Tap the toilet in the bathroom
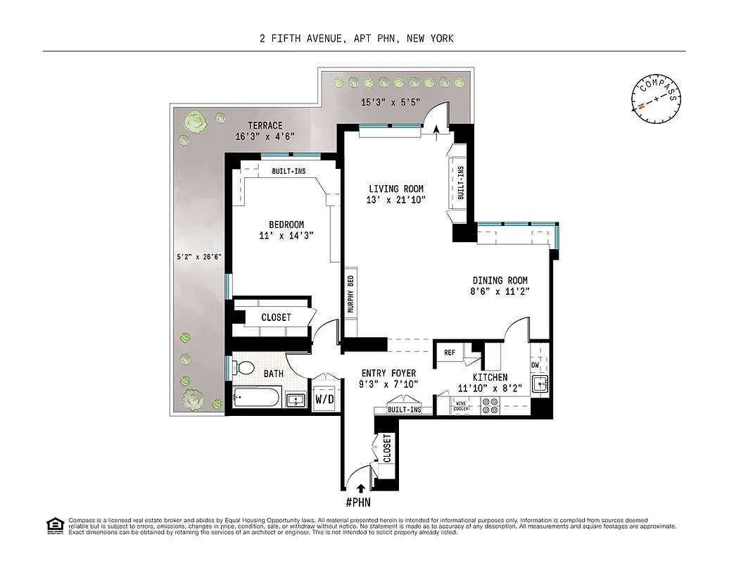pos(245,368)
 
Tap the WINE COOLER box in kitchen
pos(461,406)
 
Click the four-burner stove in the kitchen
pos(489,405)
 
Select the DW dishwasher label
pos(535,365)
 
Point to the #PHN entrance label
pos(358,502)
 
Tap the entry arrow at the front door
pos(360,487)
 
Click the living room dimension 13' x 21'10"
pos(395,201)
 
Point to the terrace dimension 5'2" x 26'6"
pos(198,256)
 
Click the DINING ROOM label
pos(500,279)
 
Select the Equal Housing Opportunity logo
pos(54,526)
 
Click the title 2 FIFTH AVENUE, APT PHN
pos(356,39)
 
